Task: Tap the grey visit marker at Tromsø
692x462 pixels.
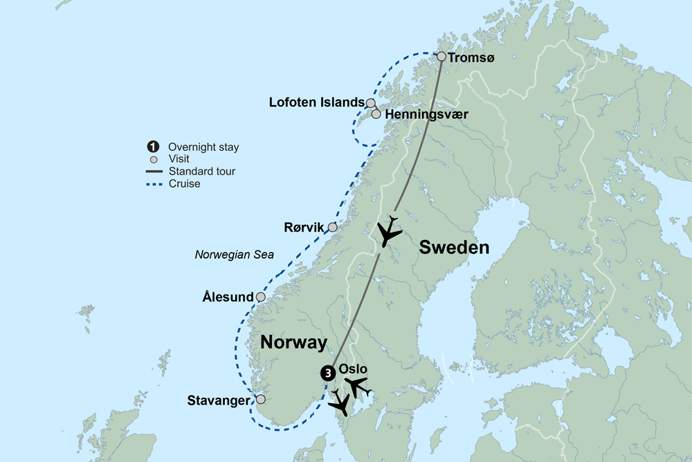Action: (441, 57)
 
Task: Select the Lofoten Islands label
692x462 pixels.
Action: (316, 102)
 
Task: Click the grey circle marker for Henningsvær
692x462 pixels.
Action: (376, 114)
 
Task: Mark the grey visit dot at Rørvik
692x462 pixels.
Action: (332, 227)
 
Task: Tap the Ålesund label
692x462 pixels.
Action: (228, 297)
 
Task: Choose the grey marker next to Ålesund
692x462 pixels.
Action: (260, 297)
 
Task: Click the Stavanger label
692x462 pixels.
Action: (219, 400)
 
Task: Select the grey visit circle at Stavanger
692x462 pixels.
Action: (260, 399)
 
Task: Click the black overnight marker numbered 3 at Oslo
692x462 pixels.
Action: (327, 372)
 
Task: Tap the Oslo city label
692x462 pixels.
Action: (353, 369)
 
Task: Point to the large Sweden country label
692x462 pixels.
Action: (455, 248)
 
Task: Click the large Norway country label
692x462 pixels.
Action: (293, 342)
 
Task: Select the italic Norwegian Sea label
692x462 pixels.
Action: (234, 255)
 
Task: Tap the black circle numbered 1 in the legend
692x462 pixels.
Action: (152, 147)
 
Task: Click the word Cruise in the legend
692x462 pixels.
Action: (184, 184)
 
